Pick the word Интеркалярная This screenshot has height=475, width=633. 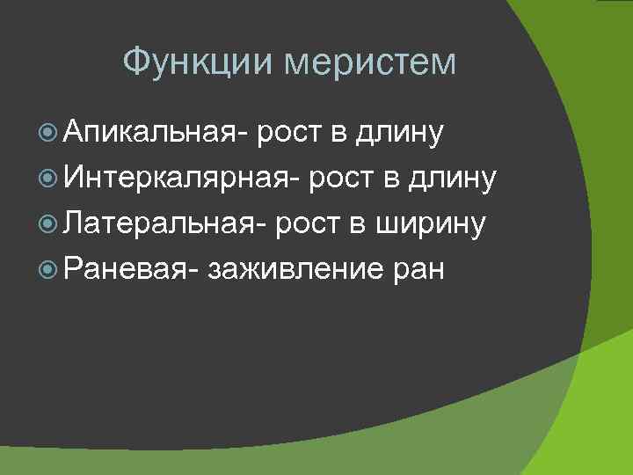pos(182,179)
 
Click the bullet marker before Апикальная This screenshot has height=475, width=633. pos(48,134)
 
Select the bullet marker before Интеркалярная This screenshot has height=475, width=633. pos(48,179)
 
